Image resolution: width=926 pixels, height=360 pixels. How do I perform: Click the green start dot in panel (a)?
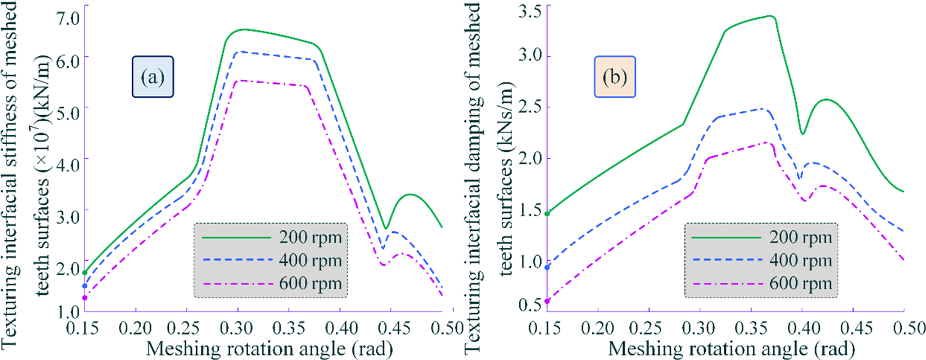84,273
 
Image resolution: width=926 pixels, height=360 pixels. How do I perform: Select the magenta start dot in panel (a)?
84,298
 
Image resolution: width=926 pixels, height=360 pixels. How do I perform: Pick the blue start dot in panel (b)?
547,267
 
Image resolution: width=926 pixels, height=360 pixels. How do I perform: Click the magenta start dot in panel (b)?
547,301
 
